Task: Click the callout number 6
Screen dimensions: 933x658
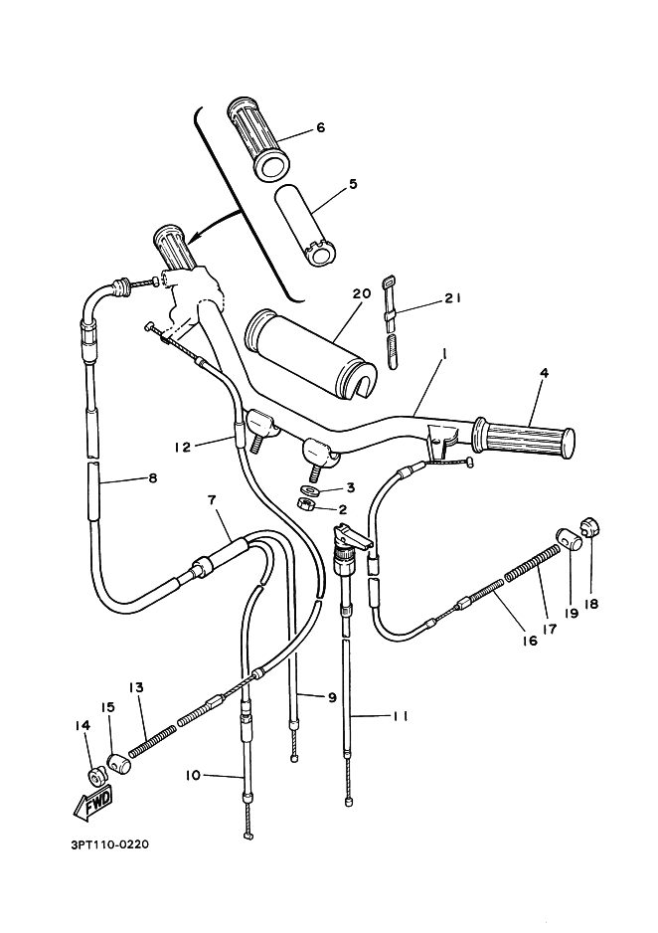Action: point(320,127)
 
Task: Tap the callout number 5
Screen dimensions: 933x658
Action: point(324,184)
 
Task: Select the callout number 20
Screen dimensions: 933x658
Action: point(361,293)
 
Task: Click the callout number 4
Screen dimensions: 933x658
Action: point(544,373)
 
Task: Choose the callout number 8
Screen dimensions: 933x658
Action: point(152,477)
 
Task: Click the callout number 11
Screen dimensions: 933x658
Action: point(400,715)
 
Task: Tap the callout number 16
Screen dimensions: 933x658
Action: point(529,642)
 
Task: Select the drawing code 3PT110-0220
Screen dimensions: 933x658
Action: point(97,846)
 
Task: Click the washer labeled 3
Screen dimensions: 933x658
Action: point(309,489)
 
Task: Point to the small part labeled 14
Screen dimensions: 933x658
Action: point(95,776)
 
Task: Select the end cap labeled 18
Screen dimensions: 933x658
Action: point(589,526)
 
